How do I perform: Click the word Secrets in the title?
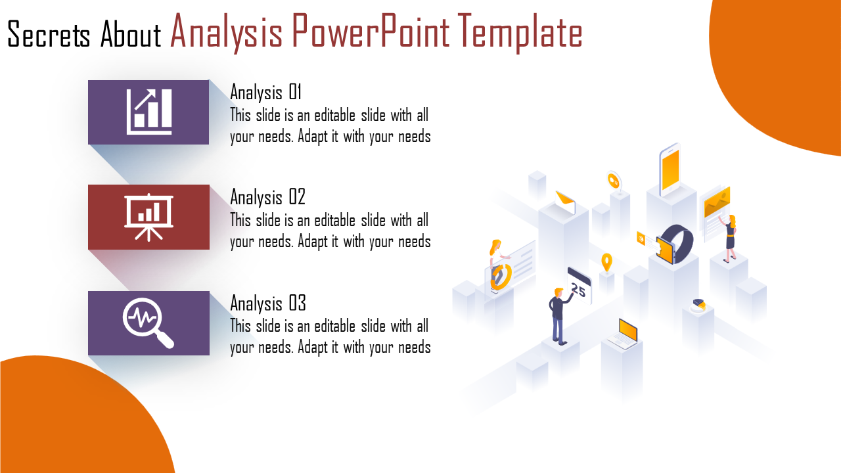pyautogui.click(x=49, y=35)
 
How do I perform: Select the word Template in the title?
pyautogui.click(x=520, y=33)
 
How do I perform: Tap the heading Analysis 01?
pyautogui.click(x=266, y=93)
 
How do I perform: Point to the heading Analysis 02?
pyautogui.click(x=267, y=198)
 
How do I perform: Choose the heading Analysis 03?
pyautogui.click(x=268, y=304)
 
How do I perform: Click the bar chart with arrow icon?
pyautogui.click(x=149, y=112)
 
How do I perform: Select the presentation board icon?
pyautogui.click(x=148, y=217)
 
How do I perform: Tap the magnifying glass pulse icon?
pyautogui.click(x=148, y=323)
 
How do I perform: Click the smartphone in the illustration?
pyautogui.click(x=670, y=169)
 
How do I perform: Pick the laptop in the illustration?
pyautogui.click(x=624, y=334)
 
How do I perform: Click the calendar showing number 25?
pyautogui.click(x=579, y=285)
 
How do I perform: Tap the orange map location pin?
pyautogui.click(x=606, y=262)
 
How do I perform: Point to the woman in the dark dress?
pyautogui.click(x=729, y=238)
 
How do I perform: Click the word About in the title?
pyautogui.click(x=131, y=35)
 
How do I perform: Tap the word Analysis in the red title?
pyautogui.click(x=226, y=32)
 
